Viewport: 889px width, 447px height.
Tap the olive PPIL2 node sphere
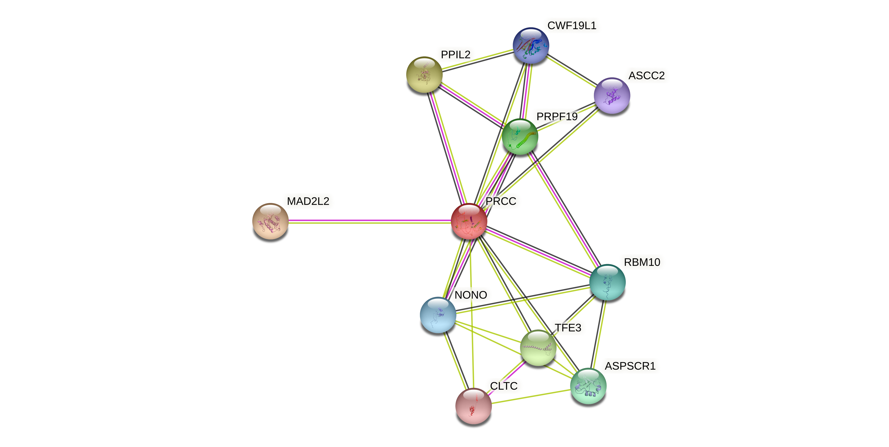click(x=424, y=74)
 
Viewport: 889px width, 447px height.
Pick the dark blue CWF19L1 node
click(x=531, y=45)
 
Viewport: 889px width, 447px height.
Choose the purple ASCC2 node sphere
click(x=612, y=95)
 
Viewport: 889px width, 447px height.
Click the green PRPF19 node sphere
click(x=520, y=137)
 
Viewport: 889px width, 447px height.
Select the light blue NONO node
click(x=438, y=315)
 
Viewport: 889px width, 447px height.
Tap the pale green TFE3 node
click(x=538, y=348)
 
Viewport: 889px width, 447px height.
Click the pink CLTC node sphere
click(x=473, y=406)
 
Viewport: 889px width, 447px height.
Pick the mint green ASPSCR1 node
click(x=588, y=386)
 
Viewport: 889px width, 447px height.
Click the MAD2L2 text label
click(x=308, y=201)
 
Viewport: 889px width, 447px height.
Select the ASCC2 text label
click(x=646, y=76)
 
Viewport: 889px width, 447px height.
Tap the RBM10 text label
click(x=642, y=262)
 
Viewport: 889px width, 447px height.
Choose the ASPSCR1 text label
click(x=630, y=366)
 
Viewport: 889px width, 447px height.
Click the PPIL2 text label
click(x=456, y=54)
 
